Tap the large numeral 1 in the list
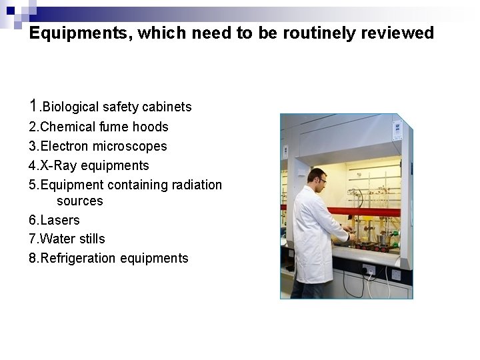[35, 105]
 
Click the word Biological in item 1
[70, 107]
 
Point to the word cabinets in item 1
[169, 107]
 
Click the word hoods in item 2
[153, 127]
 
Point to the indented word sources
[80, 201]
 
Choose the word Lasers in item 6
[61, 220]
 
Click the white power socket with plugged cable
[369, 269]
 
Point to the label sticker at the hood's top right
[398, 128]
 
